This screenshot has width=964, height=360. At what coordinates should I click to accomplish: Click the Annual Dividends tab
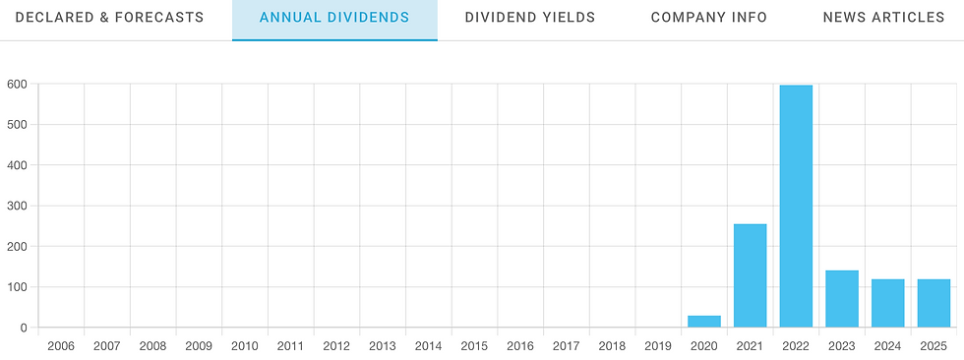(x=334, y=18)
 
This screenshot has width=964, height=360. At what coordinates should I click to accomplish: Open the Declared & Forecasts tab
(x=109, y=18)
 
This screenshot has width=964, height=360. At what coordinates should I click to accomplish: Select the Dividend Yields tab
(x=530, y=18)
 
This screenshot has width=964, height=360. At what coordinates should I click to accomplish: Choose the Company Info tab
(x=709, y=18)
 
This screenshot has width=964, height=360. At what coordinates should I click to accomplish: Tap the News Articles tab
(x=883, y=18)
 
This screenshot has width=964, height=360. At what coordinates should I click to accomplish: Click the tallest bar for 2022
(x=796, y=207)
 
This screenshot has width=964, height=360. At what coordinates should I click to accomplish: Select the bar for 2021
(x=750, y=275)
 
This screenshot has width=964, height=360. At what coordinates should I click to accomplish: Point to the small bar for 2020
(x=703, y=322)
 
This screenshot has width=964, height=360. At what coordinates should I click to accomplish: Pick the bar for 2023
(x=842, y=299)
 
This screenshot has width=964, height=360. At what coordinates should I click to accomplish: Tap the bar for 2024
(x=887, y=303)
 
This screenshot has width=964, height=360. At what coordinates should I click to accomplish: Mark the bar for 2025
(x=934, y=303)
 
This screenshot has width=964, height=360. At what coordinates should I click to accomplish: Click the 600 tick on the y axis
(x=18, y=84)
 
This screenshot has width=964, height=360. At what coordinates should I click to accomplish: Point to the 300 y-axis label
(x=18, y=206)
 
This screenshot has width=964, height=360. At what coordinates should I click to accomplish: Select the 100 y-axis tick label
(x=18, y=287)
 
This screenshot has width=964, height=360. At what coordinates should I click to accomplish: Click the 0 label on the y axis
(x=24, y=328)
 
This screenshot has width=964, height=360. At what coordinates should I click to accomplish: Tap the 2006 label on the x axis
(x=61, y=346)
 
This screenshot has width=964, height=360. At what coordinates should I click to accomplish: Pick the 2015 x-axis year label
(x=474, y=346)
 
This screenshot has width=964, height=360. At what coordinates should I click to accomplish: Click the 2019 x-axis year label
(x=658, y=346)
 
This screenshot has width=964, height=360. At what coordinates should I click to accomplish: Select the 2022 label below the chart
(x=796, y=346)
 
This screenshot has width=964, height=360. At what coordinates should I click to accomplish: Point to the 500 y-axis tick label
(x=18, y=124)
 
